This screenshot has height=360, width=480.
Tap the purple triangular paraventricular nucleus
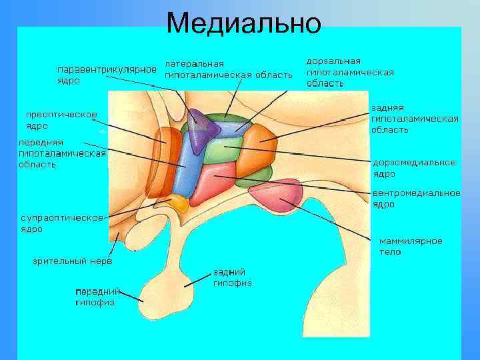(x=197, y=126)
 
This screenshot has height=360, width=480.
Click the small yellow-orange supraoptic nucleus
(x=180, y=204)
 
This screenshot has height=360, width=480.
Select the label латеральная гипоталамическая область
(x=228, y=69)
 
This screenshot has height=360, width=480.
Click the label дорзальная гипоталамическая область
(x=349, y=72)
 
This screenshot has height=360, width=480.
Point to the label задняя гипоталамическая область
(x=414, y=118)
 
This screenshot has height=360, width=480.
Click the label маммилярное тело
(x=410, y=246)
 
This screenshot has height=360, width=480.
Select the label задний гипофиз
(x=231, y=277)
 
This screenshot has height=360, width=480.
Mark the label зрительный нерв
(x=73, y=261)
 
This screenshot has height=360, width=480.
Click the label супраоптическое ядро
(x=62, y=223)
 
